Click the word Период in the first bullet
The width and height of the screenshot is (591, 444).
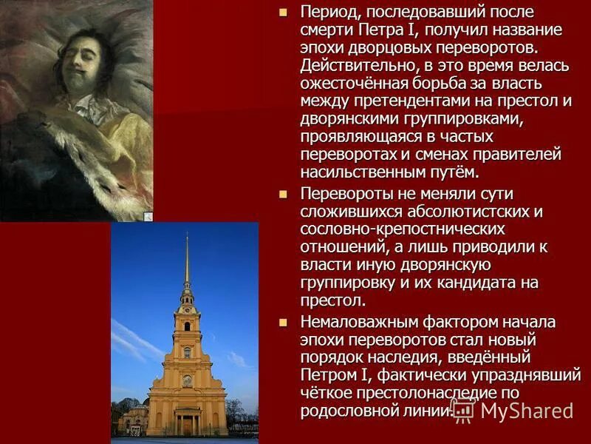point(330,13)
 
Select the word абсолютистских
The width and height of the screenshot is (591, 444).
point(473,212)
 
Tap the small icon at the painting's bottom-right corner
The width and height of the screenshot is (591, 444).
point(148,216)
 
